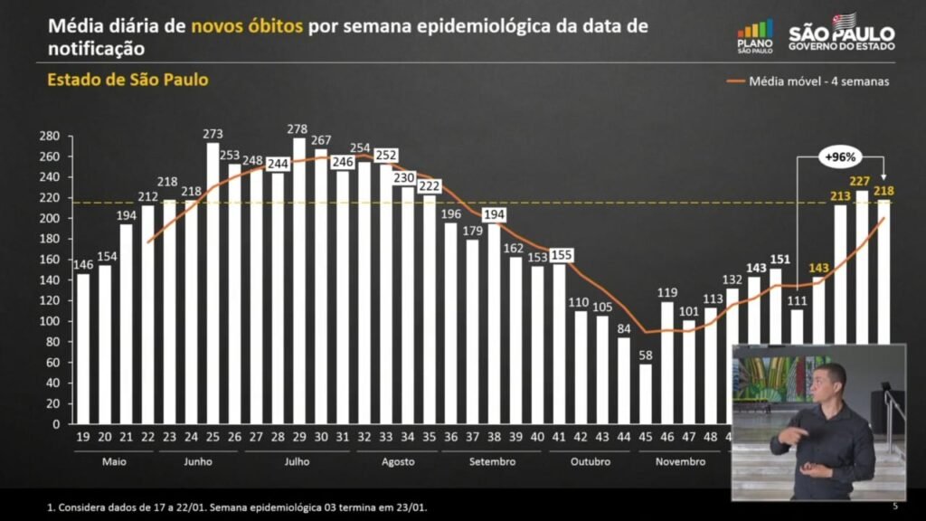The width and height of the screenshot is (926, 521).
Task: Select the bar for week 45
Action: tap(645, 393)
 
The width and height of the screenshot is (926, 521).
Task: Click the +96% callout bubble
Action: tap(839, 156)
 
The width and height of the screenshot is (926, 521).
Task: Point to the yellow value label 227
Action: tap(860, 181)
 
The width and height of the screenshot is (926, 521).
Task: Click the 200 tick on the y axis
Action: tap(50, 218)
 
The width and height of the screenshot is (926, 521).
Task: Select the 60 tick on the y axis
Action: tap(52, 362)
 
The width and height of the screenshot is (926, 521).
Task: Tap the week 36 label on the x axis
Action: tap(450, 436)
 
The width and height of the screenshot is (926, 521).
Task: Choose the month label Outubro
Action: tap(591, 461)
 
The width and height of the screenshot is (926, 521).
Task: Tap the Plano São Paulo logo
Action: tap(755, 36)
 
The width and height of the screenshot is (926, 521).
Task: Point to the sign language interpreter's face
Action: tap(828, 383)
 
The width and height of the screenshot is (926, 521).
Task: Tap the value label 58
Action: tap(645, 355)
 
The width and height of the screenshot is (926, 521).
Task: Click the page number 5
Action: tap(894, 505)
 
